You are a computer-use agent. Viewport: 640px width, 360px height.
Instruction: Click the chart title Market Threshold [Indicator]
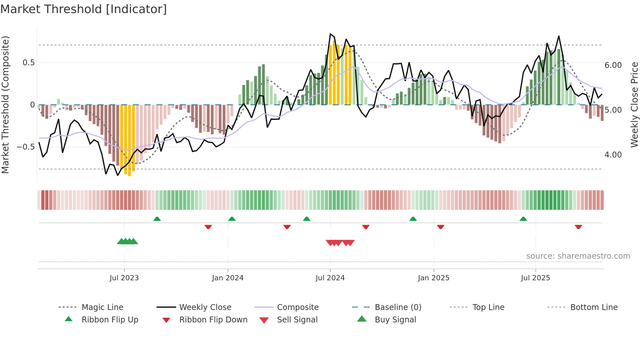84,9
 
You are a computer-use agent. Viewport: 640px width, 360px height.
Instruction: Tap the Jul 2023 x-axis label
124,278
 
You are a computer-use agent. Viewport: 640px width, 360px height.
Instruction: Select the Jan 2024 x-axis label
228,278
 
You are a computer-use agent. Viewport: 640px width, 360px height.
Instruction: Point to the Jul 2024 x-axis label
330,278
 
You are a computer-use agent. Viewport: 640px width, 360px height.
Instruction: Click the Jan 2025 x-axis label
434,278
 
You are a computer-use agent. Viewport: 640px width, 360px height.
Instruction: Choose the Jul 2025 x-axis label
536,278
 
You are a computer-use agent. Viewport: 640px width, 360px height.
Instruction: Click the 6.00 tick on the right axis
613,65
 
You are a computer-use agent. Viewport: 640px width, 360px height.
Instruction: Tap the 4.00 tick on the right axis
613,155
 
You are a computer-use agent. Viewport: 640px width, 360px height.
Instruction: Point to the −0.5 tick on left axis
25,147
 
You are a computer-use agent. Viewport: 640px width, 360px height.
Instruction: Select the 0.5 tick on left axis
28,63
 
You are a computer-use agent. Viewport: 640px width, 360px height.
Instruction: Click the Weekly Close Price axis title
634,105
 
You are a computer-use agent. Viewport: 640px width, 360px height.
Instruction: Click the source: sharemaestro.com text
578,256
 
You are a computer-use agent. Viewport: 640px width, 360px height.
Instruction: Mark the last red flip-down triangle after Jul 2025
578,227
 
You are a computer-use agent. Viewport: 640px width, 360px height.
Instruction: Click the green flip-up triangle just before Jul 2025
523,219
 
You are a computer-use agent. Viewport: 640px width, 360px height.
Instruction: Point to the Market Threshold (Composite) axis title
5,105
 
